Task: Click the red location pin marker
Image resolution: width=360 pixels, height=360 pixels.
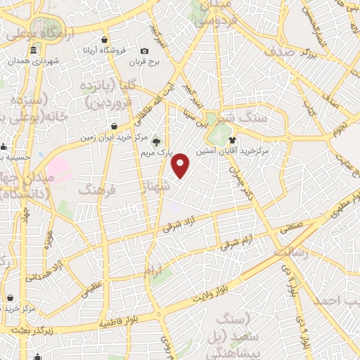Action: pyautogui.click(x=181, y=166)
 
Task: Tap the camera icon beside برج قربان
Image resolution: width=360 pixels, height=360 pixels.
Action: pyautogui.click(x=144, y=51)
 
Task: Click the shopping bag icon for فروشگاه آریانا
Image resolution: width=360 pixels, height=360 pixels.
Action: pyautogui.click(x=104, y=39)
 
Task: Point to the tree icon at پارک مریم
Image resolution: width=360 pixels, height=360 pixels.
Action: pyautogui.click(x=156, y=141)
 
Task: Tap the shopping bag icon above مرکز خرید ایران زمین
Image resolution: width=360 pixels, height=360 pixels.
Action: pyautogui.click(x=114, y=127)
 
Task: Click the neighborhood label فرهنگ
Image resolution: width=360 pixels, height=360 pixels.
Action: pyautogui.click(x=98, y=191)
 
